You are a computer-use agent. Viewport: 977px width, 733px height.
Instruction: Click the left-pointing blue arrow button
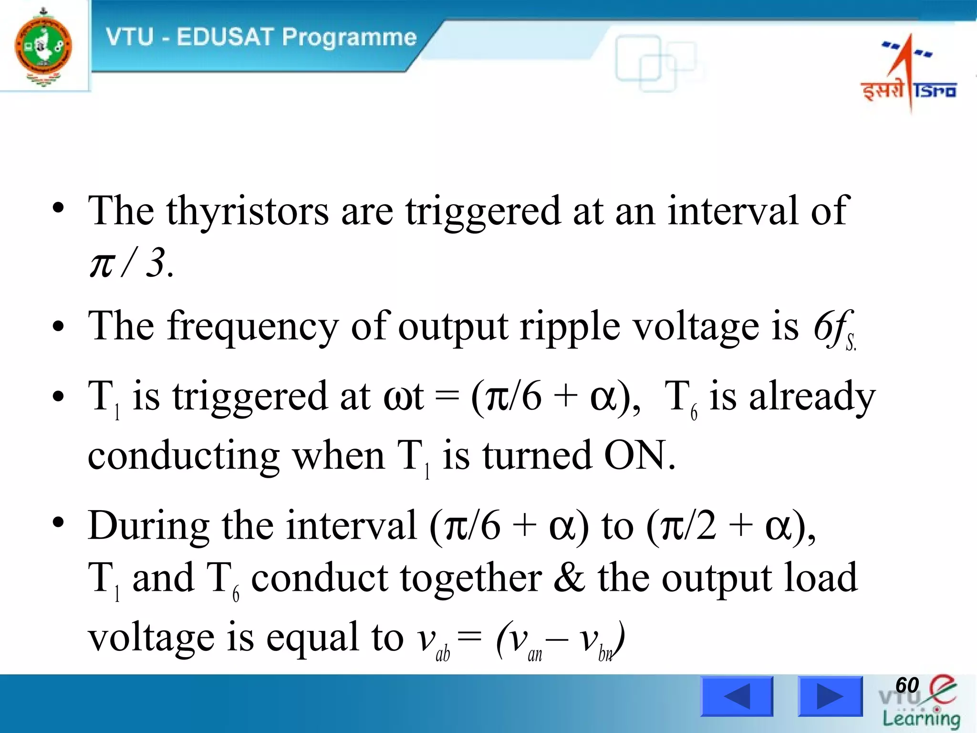coord(737,696)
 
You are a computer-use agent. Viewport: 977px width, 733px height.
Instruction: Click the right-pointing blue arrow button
coord(830,696)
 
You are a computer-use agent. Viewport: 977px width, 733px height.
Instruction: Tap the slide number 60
coord(907,685)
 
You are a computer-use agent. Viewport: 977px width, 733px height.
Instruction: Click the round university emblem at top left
coord(43,46)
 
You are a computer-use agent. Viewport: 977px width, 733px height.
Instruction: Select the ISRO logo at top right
coord(908,72)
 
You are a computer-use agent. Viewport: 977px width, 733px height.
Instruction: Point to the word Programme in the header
coord(349,37)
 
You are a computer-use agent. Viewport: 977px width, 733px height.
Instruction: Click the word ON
coord(639,455)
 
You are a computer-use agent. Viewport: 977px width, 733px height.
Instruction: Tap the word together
coord(471,578)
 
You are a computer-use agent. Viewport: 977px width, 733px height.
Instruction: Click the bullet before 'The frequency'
coord(58,327)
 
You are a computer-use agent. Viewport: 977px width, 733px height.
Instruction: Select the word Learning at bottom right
coord(921,718)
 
